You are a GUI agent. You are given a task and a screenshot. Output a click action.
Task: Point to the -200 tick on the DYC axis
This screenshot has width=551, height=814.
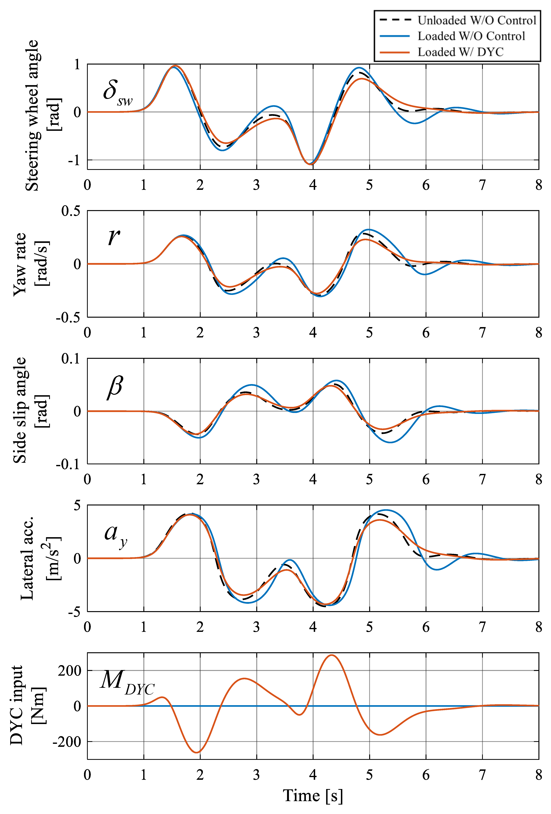[x=67, y=742]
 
